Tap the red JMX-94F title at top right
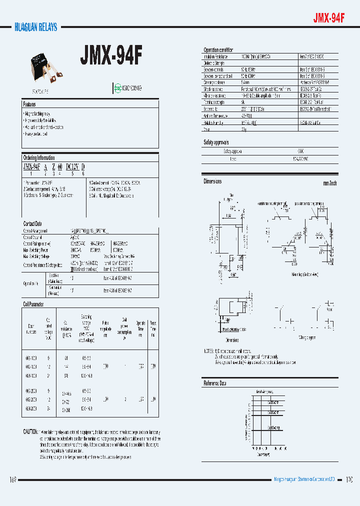[x=328, y=18]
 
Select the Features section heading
[x=29, y=104]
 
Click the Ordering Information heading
[x=39, y=158]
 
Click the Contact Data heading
[x=32, y=223]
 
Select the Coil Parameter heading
[x=33, y=303]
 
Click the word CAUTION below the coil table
[x=30, y=431]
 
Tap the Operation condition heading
[x=218, y=50]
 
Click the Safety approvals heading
[x=216, y=142]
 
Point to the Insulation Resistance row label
[x=216, y=56]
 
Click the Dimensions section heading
[x=212, y=181]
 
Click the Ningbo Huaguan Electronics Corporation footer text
[x=306, y=479]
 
